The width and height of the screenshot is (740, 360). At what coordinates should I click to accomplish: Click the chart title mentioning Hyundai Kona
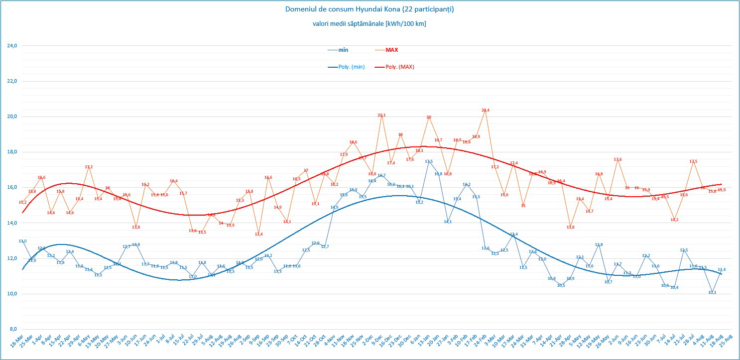point(370,9)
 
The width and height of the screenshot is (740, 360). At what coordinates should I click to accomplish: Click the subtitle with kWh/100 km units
point(370,23)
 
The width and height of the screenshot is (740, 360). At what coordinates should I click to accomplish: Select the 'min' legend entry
point(343,50)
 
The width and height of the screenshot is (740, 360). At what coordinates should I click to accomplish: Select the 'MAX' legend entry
point(392,50)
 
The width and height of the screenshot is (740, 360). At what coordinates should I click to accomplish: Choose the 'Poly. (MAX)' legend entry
point(400,67)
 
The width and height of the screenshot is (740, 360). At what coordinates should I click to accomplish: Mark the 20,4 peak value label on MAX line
point(486,110)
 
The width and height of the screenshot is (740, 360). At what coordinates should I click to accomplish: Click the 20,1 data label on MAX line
point(381,115)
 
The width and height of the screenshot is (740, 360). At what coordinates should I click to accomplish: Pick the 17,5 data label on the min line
point(429,161)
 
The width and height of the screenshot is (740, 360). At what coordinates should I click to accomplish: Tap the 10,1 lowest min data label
point(712,292)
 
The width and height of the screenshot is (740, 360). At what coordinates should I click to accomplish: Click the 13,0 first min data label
point(22,241)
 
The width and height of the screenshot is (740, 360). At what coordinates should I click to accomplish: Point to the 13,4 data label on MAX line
point(258,234)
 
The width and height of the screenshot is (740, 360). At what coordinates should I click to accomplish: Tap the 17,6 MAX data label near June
point(617,159)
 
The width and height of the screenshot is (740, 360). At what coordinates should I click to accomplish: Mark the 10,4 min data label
point(674,287)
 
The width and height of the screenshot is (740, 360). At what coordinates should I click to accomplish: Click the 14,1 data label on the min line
point(448,222)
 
